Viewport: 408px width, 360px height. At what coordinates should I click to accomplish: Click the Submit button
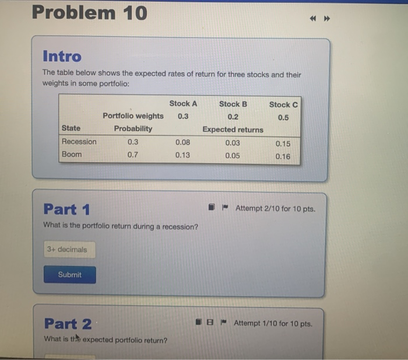pos(69,275)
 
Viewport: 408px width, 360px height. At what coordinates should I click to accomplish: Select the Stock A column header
pos(183,103)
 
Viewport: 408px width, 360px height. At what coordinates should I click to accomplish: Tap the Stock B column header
pos(233,104)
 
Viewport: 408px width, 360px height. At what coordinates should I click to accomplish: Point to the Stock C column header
pos(283,104)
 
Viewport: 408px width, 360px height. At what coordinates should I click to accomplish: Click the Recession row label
pos(79,142)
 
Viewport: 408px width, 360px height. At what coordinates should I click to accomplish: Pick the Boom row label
pos(72,155)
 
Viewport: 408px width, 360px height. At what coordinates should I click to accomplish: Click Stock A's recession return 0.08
pos(182,142)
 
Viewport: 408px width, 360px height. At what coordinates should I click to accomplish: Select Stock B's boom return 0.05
pos(232,155)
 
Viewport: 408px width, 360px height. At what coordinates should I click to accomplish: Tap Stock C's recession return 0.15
pos(283,144)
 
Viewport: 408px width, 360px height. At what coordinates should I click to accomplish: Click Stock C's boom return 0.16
pos(283,156)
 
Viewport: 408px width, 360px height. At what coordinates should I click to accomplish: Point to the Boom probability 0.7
pos(133,155)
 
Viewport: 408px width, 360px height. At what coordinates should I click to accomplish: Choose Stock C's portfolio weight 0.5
pos(283,117)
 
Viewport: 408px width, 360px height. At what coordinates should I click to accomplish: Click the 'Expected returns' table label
pos(233,130)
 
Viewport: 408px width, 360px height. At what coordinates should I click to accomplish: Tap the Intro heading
pos(62,57)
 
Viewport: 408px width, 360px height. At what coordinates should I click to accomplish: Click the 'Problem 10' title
pos(89,12)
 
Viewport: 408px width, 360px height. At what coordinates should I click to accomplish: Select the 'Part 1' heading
pos(66,209)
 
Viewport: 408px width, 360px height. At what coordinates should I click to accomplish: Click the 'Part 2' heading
pos(68,323)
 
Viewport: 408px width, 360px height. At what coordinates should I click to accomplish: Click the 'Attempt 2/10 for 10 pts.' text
pos(275,208)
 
